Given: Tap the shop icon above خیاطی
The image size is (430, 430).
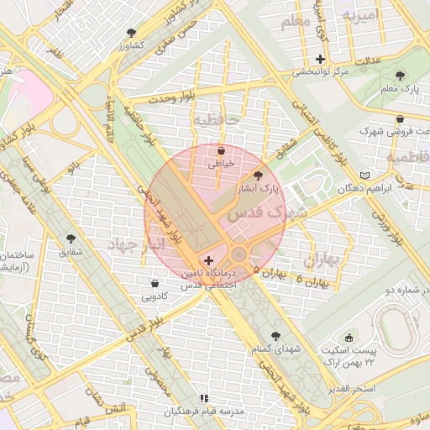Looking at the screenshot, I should click(x=221, y=151).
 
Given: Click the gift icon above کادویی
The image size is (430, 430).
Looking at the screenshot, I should click(x=155, y=283).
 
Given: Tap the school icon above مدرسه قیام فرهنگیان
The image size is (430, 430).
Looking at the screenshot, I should click(x=202, y=398).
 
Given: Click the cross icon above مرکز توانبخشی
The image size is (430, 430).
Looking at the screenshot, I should click(x=320, y=59).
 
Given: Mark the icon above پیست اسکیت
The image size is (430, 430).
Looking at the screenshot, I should click(x=349, y=336).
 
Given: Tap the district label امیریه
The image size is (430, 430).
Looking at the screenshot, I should click(x=359, y=17).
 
